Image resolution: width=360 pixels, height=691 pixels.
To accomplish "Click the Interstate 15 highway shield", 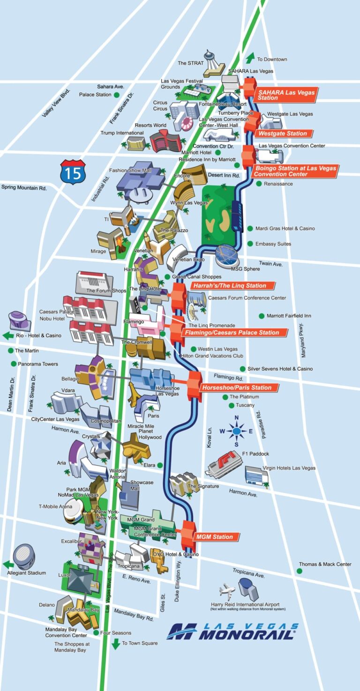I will (x=73, y=172).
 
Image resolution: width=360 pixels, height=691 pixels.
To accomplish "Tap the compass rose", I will (x=237, y=431).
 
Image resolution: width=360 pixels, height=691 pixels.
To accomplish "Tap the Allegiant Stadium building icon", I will (x=24, y=556).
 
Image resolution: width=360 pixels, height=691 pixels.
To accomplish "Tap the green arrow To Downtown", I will (x=250, y=58).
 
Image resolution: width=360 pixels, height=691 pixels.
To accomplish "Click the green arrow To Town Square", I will (x=115, y=644).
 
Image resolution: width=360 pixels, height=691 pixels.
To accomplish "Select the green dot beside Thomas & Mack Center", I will (x=299, y=571).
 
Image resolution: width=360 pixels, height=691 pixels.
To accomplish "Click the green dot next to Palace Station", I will (x=116, y=95).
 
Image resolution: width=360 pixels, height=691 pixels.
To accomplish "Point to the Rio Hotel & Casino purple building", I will (x=19, y=321).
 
